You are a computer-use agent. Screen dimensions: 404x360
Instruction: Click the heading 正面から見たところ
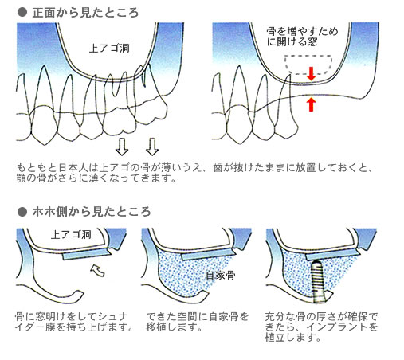coord(85,13)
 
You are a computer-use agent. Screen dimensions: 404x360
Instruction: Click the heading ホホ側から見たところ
coord(92,212)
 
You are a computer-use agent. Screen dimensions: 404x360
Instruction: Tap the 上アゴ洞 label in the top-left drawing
coord(109,49)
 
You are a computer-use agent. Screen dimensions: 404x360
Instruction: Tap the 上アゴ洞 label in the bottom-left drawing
coord(71,235)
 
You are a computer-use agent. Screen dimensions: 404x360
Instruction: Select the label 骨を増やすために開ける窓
coord(302,37)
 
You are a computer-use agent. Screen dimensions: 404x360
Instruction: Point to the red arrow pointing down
coord(311,73)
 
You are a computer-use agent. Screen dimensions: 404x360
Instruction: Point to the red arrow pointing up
coord(311,104)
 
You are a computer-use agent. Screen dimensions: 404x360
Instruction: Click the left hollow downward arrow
coord(122,147)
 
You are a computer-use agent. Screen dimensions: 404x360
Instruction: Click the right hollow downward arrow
coord(152,147)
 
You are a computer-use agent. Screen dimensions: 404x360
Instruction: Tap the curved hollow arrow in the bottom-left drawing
coord(98,270)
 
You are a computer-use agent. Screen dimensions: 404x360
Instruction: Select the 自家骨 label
coord(221,275)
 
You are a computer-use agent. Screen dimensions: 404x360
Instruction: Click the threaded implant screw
coord(316,282)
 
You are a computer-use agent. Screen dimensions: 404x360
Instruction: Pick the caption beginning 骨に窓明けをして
coord(74,322)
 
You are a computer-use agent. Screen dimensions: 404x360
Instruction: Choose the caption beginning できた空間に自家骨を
coord(197,322)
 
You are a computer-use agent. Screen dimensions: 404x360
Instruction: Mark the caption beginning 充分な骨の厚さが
coord(321,327)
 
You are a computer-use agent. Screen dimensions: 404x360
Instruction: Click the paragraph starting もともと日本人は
coord(194,173)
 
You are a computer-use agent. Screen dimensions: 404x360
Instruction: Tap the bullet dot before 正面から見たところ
coord(22,13)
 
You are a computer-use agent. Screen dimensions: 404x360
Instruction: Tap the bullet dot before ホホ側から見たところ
coord(22,212)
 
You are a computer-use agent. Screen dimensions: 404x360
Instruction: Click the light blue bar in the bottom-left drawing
coord(87,254)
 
